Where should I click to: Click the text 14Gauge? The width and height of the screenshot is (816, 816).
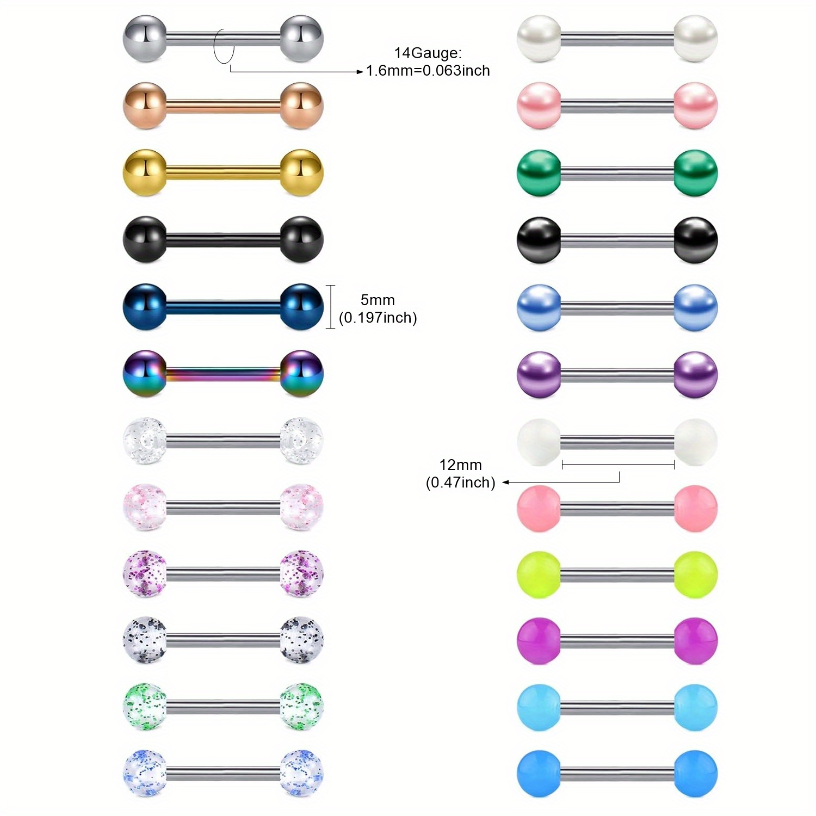click(x=428, y=53)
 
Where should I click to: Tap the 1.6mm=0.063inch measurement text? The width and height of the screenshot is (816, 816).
click(x=428, y=71)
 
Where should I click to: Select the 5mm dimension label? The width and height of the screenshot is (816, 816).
click(x=378, y=300)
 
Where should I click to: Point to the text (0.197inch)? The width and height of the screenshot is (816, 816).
click(x=378, y=318)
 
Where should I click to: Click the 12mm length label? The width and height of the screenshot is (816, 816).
click(x=460, y=465)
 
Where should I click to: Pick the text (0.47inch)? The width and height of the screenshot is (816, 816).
click(x=460, y=483)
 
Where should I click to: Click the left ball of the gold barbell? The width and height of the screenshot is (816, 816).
click(x=145, y=172)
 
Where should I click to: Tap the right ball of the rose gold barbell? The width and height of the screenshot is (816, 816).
click(x=302, y=106)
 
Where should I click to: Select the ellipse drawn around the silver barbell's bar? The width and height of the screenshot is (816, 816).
click(x=224, y=46)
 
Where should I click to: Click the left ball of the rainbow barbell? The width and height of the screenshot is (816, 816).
click(x=145, y=373)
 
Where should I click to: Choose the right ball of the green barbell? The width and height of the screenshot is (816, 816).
click(x=696, y=172)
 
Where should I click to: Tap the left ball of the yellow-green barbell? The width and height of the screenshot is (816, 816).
click(x=539, y=574)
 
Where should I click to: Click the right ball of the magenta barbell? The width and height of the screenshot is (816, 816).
click(x=696, y=641)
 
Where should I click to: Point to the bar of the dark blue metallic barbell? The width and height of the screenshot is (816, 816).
click(x=223, y=307)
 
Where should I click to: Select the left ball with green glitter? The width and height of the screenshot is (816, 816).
click(x=145, y=707)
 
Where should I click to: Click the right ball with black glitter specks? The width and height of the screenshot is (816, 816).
click(x=302, y=640)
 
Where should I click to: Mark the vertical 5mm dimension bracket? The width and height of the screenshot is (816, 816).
click(x=331, y=307)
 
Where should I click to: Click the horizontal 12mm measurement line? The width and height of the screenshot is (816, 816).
click(x=618, y=465)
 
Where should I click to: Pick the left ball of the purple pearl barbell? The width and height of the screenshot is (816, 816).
click(x=539, y=374)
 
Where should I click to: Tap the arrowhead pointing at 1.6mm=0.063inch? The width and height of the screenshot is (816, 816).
click(x=360, y=71)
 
